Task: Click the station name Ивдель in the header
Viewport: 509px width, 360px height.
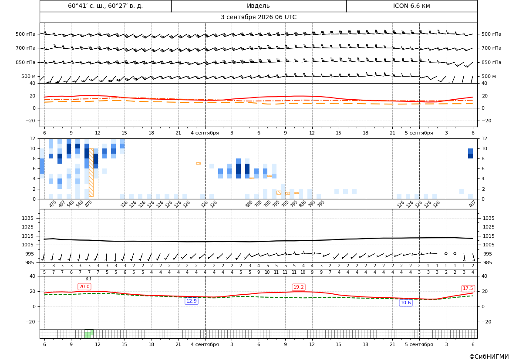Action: point(258,6)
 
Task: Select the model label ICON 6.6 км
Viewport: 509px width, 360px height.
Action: point(411,6)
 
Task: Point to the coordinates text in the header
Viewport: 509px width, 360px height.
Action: point(105,6)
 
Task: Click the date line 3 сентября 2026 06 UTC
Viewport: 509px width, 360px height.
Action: point(258,17)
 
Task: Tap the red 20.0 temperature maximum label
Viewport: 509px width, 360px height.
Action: point(84,286)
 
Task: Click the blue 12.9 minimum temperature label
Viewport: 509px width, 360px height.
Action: point(192,301)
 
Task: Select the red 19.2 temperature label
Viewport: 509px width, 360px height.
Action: point(298,287)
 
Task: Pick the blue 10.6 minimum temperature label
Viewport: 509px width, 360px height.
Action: point(405,303)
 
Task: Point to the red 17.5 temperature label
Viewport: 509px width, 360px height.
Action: point(468,288)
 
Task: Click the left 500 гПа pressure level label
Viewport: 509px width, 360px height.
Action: point(26,34)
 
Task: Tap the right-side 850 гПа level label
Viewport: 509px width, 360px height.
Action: point(491,62)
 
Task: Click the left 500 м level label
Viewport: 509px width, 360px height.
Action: point(29,76)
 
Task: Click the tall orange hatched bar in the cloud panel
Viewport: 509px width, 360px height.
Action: point(91,173)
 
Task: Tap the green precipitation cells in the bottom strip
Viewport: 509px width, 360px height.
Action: point(89,334)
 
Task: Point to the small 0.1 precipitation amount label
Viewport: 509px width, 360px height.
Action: point(89,279)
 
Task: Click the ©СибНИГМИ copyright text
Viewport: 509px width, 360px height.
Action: point(489,357)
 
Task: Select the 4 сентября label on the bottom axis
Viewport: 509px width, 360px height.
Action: point(205,344)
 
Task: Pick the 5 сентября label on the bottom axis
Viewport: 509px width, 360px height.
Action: point(419,344)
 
